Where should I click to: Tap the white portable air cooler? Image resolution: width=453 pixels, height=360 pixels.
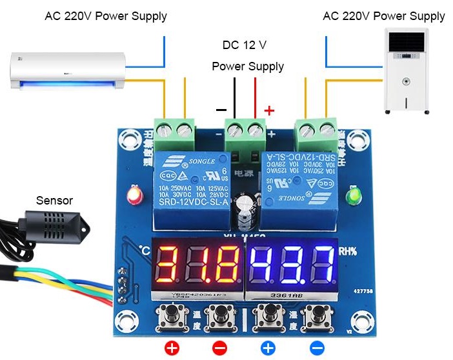tap(406, 71)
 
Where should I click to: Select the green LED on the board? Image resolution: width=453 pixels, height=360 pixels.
tap(353, 195)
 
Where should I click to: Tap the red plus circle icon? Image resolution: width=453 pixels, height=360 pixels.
tap(172, 348)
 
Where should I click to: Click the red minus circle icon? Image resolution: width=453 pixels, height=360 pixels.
tap(219, 348)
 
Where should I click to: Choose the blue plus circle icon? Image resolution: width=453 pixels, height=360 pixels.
tap(268, 348)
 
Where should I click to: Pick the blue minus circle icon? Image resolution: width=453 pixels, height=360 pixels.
tap(317, 348)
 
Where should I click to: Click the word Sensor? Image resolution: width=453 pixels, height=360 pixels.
tap(55, 201)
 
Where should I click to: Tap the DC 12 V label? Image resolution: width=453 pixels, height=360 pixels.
tap(245, 45)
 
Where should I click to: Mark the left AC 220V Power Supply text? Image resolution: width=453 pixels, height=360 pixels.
tap(106, 16)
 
